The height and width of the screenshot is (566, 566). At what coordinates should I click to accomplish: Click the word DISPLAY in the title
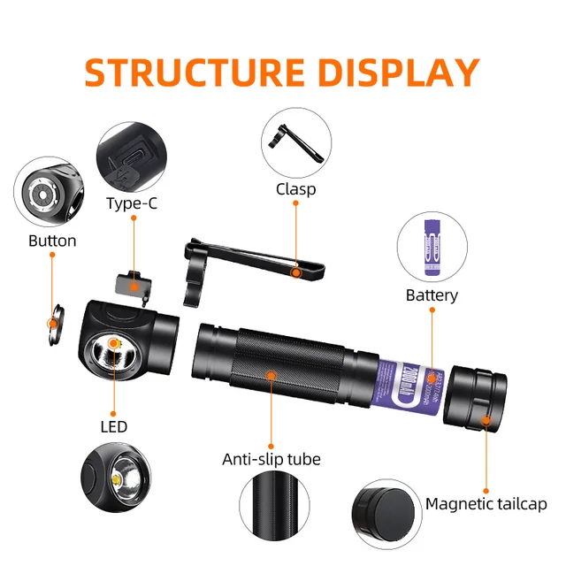400,73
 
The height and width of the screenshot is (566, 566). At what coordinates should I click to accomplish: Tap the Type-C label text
133,203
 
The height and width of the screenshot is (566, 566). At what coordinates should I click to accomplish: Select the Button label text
52,241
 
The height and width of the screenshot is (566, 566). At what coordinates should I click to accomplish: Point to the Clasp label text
295,188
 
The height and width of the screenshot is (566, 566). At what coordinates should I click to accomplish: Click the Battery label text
432,294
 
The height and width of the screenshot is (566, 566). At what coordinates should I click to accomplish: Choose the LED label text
113,426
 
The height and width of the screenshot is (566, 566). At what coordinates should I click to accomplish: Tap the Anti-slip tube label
271,459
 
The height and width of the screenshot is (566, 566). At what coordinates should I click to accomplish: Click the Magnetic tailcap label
486,504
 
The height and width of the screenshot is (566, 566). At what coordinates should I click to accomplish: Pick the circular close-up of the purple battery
432,246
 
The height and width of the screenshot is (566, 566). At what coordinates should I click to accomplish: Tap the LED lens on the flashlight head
114,355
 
